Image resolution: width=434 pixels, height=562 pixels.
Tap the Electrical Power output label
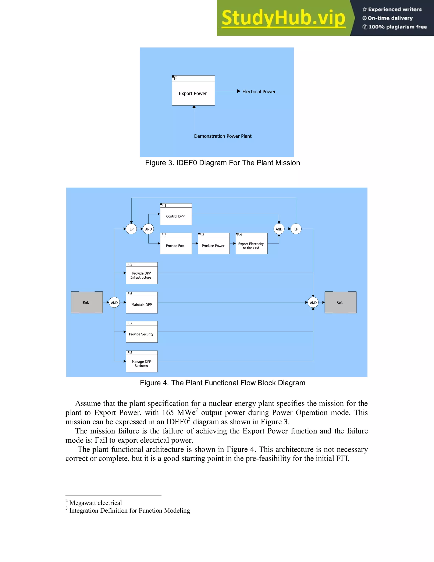tap(259, 92)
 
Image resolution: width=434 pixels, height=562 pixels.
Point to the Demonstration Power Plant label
tap(223, 136)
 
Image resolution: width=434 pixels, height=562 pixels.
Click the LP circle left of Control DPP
tap(131, 229)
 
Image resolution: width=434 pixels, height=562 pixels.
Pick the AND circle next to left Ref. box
tap(114, 303)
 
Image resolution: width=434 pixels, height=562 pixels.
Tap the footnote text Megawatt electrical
tap(95, 503)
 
